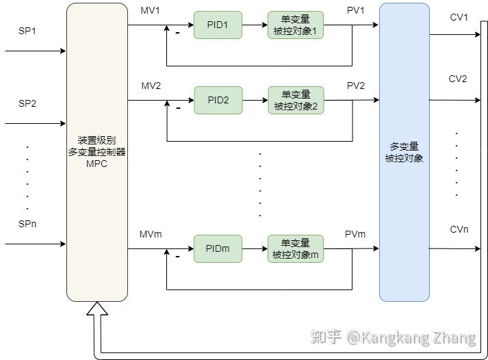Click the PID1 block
(x=218, y=25)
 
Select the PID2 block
(x=218, y=100)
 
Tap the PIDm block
(x=218, y=248)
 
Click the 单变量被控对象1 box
(x=295, y=25)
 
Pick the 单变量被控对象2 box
(x=295, y=100)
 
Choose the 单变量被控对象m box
(x=295, y=248)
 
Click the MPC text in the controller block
(x=97, y=164)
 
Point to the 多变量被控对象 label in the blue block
(x=404, y=152)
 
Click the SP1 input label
(x=28, y=31)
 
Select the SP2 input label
(x=28, y=104)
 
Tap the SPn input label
(x=28, y=224)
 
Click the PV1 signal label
(x=356, y=12)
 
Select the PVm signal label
(x=356, y=235)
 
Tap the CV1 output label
(x=458, y=17)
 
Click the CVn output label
(x=459, y=229)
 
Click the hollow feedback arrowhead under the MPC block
(x=97, y=311)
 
